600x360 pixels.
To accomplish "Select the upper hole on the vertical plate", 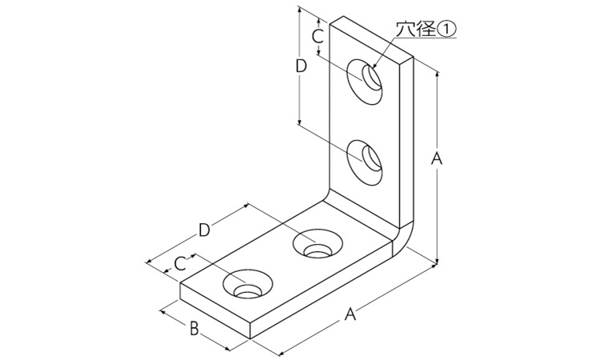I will tap(366, 79).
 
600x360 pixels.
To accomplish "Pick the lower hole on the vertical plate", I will tap(366, 160).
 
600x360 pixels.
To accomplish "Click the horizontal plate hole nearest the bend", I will tap(317, 245).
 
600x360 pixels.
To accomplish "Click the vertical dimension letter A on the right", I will tap(437, 159).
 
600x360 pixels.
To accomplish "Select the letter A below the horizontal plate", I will tap(349, 315).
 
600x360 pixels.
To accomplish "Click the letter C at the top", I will tap(317, 36).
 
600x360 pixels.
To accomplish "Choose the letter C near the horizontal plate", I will tap(181, 262).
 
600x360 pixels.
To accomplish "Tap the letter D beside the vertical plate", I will tap(301, 66).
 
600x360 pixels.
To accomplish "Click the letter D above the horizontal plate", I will tap(204, 230).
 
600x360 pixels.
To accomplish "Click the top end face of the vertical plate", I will tap(373, 38).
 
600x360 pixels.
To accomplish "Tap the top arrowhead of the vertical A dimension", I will tap(438, 71).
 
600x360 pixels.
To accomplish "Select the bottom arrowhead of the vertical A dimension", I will tap(438, 261).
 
